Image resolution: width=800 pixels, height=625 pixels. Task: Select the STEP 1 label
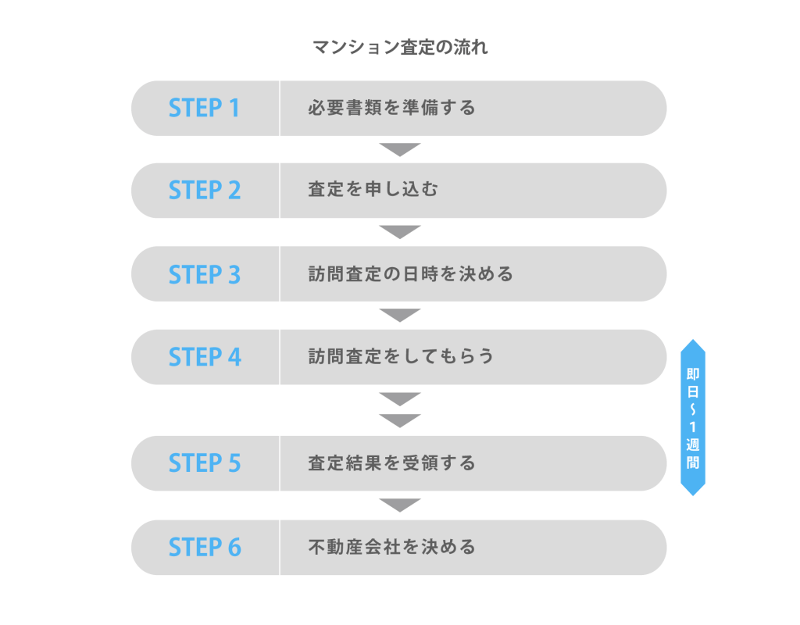[204, 108]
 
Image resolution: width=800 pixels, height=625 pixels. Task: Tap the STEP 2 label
[205, 191]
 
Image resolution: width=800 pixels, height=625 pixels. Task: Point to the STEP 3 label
[205, 274]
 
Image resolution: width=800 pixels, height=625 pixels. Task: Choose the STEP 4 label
[205, 357]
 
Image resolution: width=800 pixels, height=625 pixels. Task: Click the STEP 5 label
[205, 463]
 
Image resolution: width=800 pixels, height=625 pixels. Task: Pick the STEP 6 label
[205, 547]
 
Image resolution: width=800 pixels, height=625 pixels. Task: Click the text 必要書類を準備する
[391, 108]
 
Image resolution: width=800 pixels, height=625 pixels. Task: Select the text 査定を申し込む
[373, 191]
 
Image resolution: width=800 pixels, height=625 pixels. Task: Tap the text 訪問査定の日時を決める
[410, 274]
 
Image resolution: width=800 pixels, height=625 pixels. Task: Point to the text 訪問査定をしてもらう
[401, 357]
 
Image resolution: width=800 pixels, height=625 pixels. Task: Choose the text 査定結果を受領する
[391, 463]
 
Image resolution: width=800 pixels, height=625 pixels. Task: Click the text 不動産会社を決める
[391, 547]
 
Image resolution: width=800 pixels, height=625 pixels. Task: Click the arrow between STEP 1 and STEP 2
[400, 149]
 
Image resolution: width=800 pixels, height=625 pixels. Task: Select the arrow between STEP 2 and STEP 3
[400, 232]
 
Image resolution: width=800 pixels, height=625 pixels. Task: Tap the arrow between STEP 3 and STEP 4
[400, 315]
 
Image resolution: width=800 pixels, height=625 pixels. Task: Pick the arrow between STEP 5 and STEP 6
[400, 505]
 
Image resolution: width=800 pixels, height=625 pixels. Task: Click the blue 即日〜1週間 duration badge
[693, 417]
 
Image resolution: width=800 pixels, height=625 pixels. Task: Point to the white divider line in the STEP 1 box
[280, 108]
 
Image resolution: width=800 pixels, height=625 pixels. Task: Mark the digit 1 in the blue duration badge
[693, 426]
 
